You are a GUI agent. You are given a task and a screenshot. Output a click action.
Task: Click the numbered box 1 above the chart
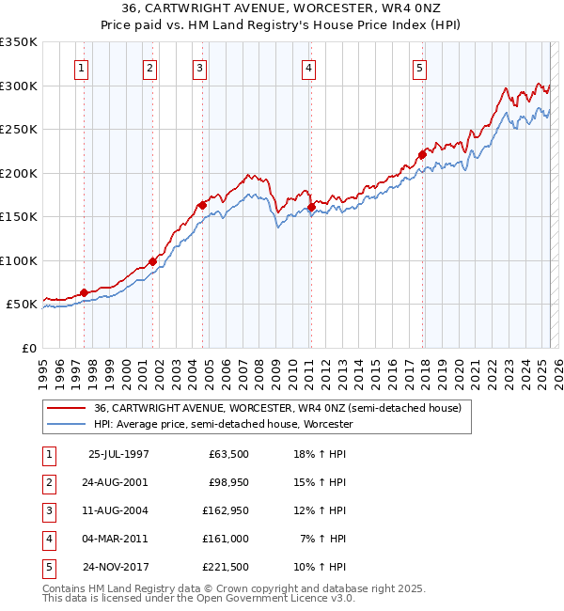tap(82, 68)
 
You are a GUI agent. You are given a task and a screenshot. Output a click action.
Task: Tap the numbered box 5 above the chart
tap(418, 68)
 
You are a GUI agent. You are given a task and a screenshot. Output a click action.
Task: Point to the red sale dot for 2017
tap(422, 154)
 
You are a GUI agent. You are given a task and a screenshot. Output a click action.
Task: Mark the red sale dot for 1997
tap(85, 292)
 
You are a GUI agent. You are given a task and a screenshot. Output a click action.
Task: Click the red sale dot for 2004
tap(202, 205)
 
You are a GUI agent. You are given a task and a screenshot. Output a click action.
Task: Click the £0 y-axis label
tap(29, 348)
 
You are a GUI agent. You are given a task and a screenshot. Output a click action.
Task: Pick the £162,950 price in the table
tap(222, 510)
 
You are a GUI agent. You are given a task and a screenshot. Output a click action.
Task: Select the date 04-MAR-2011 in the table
tap(117, 539)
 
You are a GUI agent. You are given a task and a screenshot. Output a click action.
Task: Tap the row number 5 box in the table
tap(48, 567)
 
